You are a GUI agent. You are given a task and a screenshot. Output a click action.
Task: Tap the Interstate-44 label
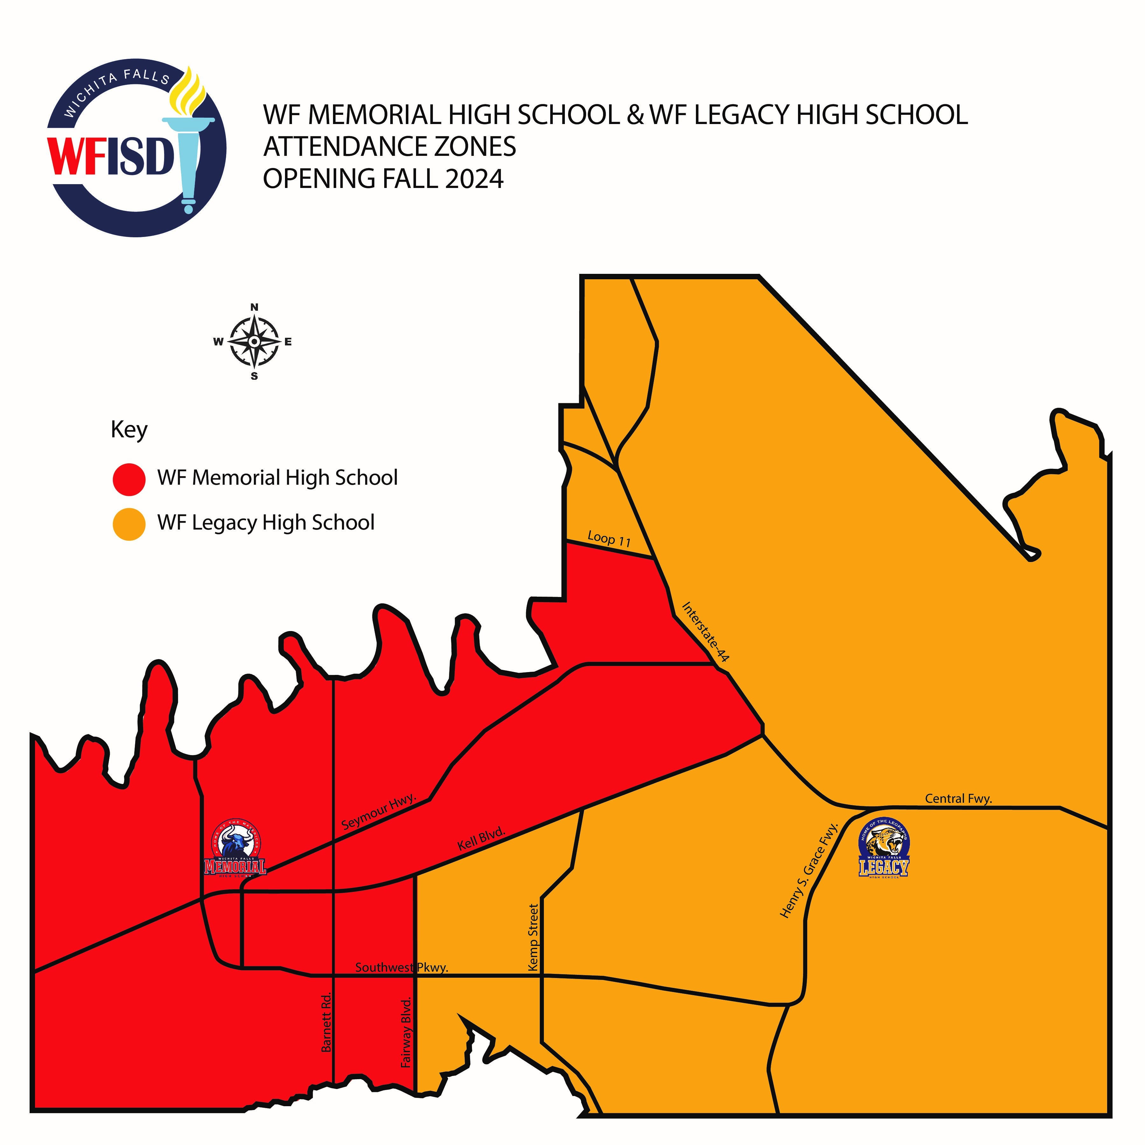(x=705, y=632)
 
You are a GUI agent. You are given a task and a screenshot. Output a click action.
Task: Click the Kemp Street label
(x=533, y=937)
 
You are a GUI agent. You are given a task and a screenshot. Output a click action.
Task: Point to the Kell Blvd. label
(x=481, y=839)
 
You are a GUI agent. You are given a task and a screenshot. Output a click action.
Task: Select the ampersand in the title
(x=635, y=115)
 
